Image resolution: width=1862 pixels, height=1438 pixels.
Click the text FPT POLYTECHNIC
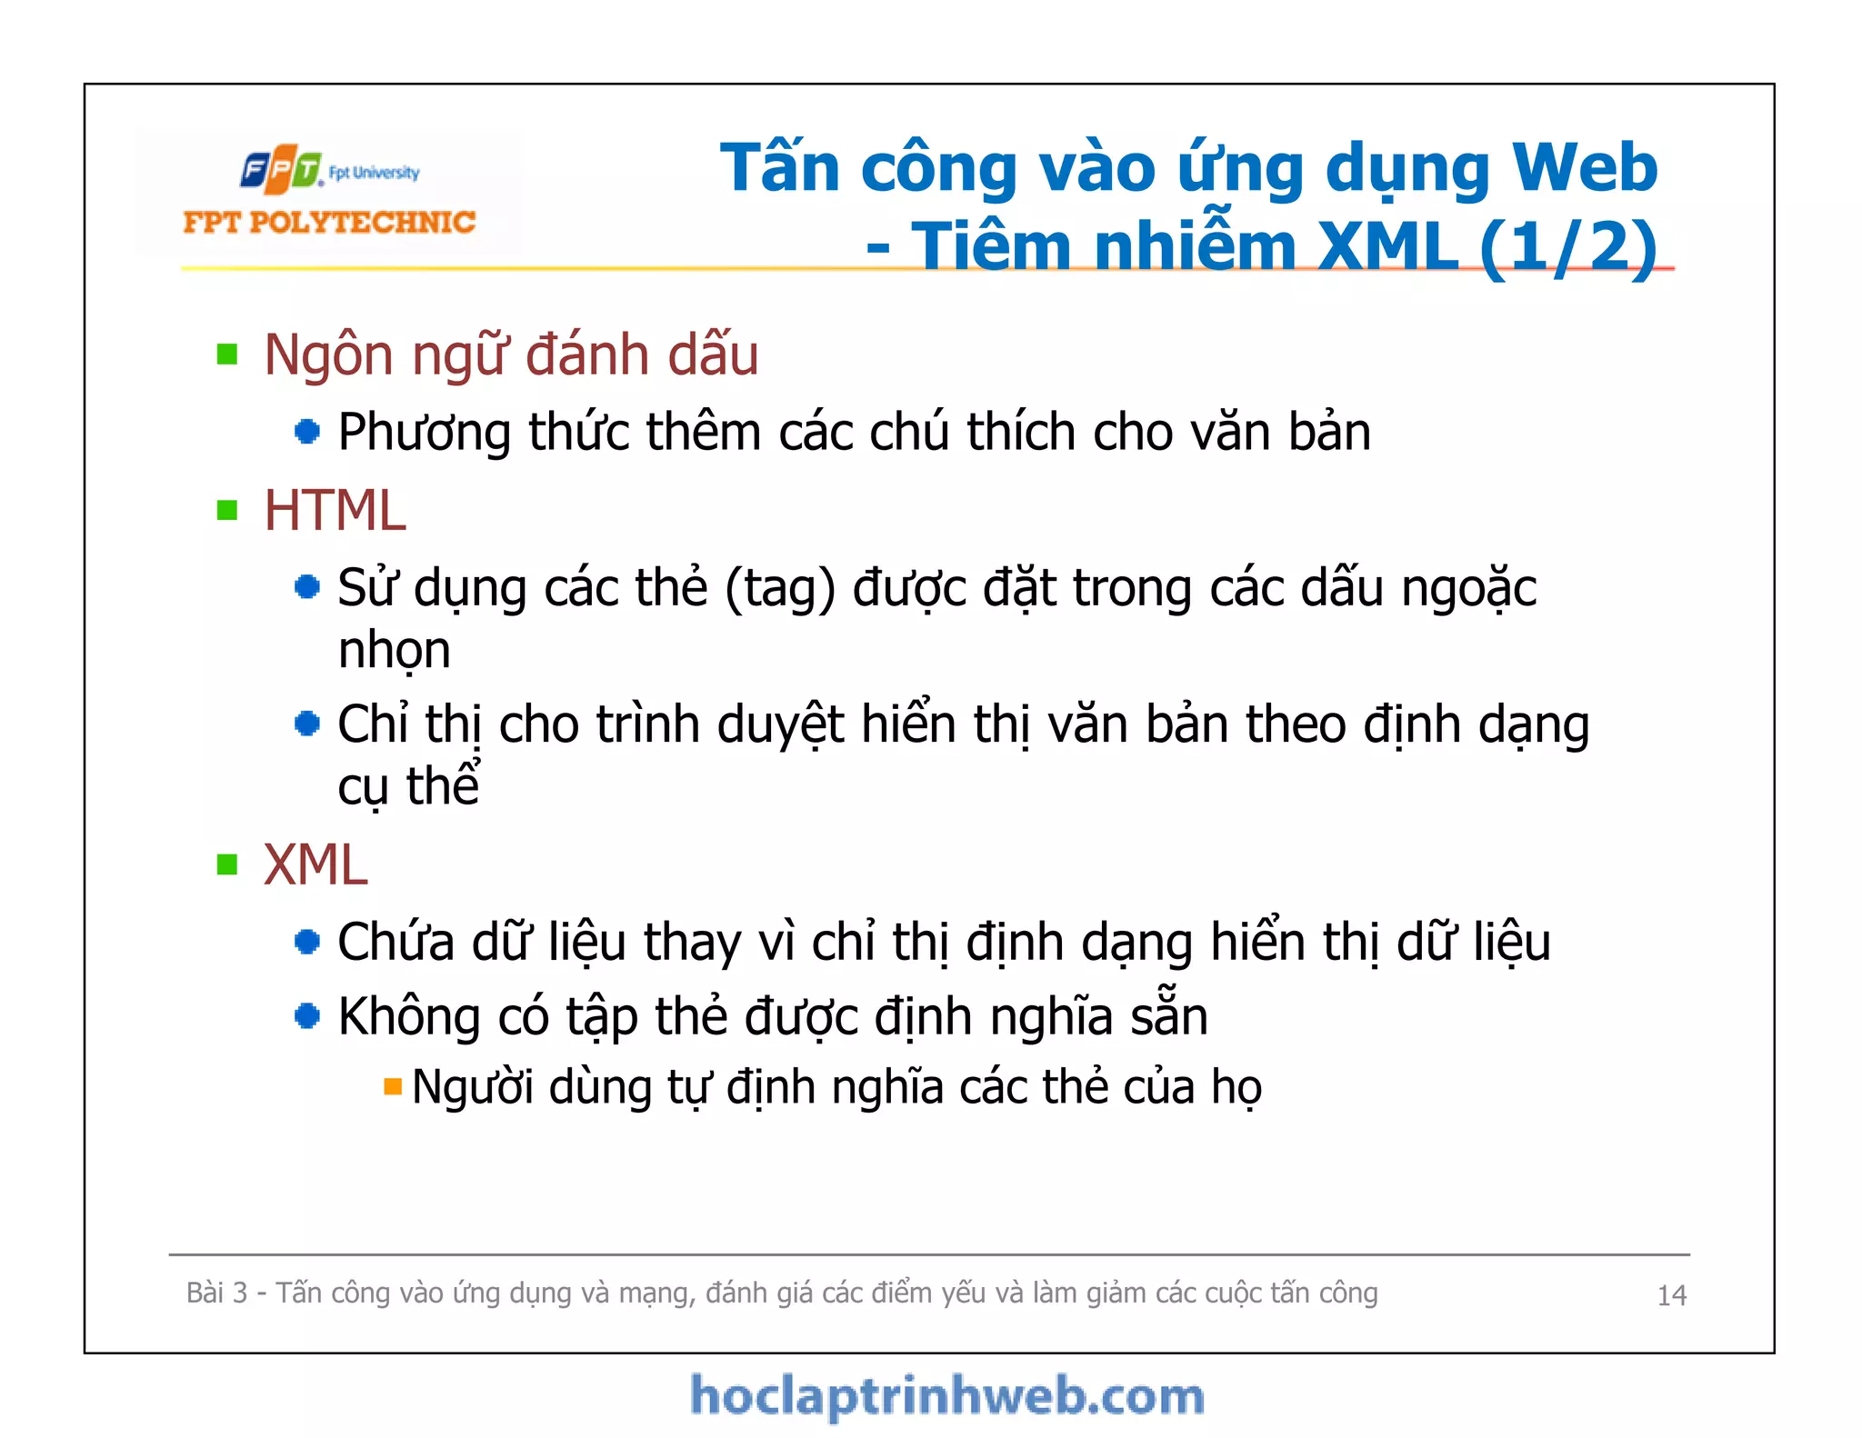pyautogui.click(x=329, y=222)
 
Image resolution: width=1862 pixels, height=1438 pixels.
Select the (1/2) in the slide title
pyautogui.click(x=1567, y=247)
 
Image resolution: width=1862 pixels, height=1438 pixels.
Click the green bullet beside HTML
pyautogui.click(x=227, y=510)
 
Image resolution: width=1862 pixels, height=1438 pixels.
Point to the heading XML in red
pyautogui.click(x=315, y=864)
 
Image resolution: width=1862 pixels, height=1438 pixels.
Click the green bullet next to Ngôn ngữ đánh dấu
pyautogui.click(x=227, y=354)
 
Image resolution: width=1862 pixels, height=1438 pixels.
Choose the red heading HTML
pyautogui.click(x=335, y=510)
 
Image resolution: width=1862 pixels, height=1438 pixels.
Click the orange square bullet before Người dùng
pyautogui.click(x=393, y=1086)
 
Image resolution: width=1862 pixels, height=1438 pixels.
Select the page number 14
pyautogui.click(x=1671, y=1295)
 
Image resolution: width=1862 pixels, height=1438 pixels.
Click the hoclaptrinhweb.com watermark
pyautogui.click(x=946, y=1396)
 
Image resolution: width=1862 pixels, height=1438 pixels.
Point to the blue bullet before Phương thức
pyautogui.click(x=307, y=431)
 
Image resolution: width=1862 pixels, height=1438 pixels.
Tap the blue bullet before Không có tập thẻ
pyautogui.click(x=307, y=1015)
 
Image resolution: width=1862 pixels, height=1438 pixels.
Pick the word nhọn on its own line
pyautogui.click(x=395, y=651)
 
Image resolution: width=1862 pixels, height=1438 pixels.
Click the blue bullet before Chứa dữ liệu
pyautogui.click(x=307, y=942)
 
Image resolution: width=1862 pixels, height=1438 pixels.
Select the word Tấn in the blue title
pyautogui.click(x=780, y=169)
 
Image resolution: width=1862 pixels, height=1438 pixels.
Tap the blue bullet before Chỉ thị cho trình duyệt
pyautogui.click(x=307, y=724)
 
